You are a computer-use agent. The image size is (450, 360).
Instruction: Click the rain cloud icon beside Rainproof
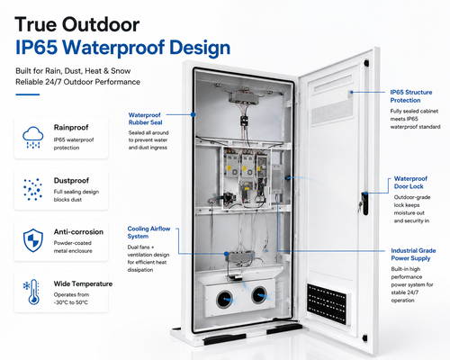[x=33, y=138]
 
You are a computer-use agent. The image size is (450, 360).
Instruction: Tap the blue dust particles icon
[x=32, y=190]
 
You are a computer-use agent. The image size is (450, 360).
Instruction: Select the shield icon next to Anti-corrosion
[x=33, y=240]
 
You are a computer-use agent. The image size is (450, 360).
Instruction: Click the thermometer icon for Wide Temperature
[x=31, y=292]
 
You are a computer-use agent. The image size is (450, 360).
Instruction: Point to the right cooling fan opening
[x=259, y=295]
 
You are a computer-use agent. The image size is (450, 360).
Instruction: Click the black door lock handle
[x=364, y=203]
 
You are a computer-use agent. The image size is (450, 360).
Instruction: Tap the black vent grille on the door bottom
[x=327, y=303]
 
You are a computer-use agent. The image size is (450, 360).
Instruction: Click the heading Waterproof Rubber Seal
[x=145, y=119]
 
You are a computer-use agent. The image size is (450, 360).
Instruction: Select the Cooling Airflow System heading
[x=148, y=232]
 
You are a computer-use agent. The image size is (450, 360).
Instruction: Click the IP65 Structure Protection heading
[x=411, y=96]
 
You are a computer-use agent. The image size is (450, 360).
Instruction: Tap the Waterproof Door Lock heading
[x=410, y=183]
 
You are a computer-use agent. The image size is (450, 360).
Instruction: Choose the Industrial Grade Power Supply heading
[x=413, y=255]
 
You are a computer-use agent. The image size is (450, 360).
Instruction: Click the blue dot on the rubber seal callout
[x=193, y=114]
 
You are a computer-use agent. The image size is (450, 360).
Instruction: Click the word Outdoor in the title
[x=101, y=24]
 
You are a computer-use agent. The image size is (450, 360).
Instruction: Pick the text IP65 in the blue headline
[x=36, y=48]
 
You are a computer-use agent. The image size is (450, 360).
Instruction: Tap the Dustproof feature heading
[x=71, y=180]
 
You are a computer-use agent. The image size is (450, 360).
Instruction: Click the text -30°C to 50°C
[x=71, y=302]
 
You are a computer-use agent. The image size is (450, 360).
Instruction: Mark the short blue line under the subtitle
[x=28, y=94]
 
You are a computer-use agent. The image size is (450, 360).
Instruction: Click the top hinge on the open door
[x=366, y=63]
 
